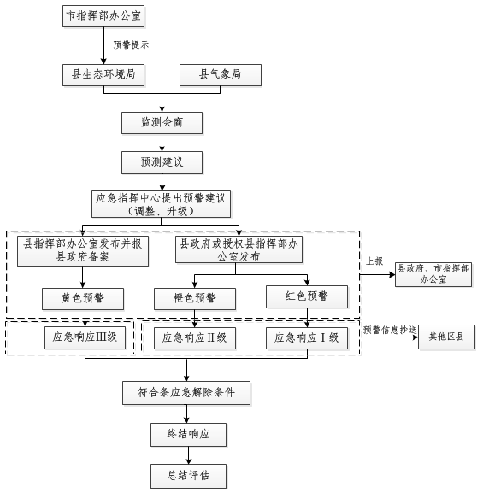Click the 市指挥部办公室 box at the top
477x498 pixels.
click(x=103, y=16)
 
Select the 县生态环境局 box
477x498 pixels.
click(x=103, y=75)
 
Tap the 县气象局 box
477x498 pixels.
click(x=221, y=75)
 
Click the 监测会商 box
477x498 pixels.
click(x=162, y=123)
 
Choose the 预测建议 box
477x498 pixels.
click(x=162, y=162)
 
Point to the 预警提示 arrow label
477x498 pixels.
click(x=131, y=44)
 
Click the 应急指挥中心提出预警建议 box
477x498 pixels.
click(x=161, y=204)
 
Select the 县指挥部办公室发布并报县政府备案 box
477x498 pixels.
click(x=83, y=251)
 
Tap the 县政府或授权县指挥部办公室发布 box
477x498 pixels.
click(x=238, y=249)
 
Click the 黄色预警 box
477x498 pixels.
click(x=83, y=299)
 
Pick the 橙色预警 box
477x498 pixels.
click(x=195, y=299)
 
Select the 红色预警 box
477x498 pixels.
click(x=307, y=296)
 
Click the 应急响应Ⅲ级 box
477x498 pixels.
click(x=85, y=338)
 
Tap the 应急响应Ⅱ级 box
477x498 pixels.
click(x=195, y=338)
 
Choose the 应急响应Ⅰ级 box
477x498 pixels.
click(x=307, y=338)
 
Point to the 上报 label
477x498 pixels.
click(x=374, y=261)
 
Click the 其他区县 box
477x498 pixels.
click(x=446, y=337)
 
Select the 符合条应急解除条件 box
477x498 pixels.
click(x=186, y=393)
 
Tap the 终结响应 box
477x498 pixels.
click(x=188, y=435)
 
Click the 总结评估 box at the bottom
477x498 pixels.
click(x=188, y=476)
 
